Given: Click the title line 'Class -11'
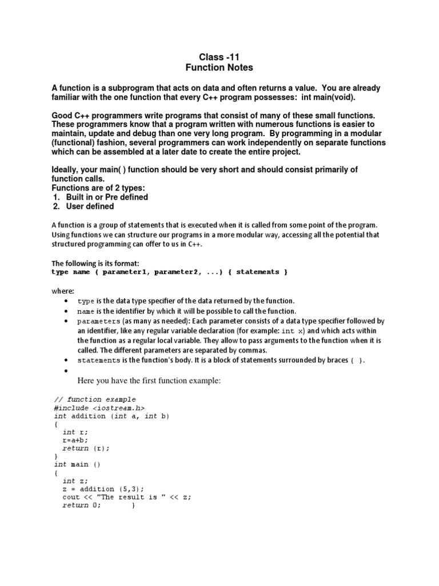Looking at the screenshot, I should (219, 57).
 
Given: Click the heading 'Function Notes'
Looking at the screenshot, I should (219, 68).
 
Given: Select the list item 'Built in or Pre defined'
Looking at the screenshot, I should (107, 197).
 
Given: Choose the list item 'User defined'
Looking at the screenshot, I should (90, 207).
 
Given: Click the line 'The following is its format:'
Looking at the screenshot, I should (95, 263).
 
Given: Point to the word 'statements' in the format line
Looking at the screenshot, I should (257, 272).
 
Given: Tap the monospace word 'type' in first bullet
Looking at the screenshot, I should (86, 301).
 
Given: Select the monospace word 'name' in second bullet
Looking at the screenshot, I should (86, 311).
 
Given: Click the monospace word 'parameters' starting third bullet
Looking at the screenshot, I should (99, 321).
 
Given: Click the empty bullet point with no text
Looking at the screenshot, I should (67, 371).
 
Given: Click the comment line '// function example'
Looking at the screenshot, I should (95, 399).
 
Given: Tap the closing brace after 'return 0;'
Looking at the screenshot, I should (133, 506).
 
